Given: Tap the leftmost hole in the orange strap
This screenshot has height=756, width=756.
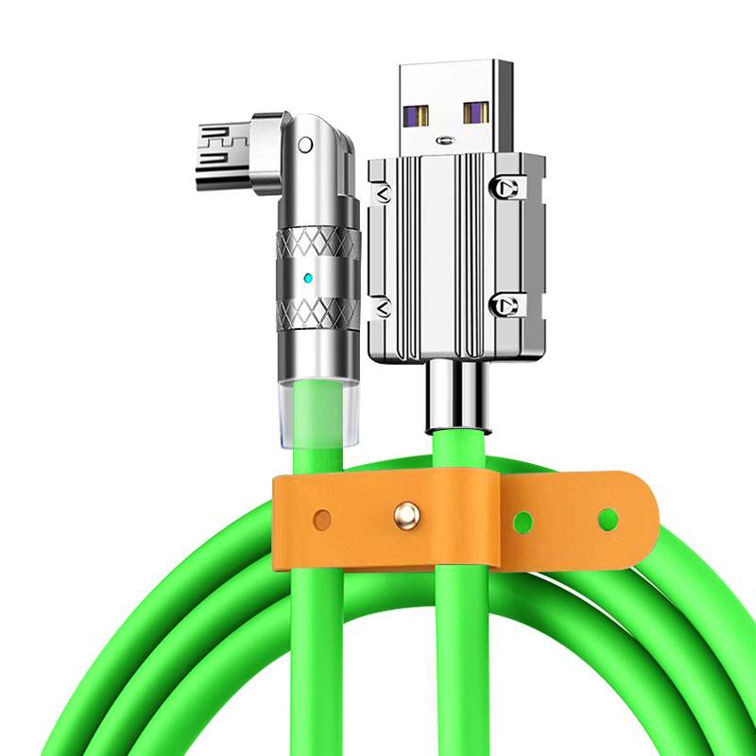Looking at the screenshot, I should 323,519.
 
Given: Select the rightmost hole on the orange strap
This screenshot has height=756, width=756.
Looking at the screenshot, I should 608,518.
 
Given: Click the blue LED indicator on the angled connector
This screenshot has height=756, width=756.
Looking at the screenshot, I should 309,279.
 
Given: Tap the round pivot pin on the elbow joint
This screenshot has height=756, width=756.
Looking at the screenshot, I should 305,146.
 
